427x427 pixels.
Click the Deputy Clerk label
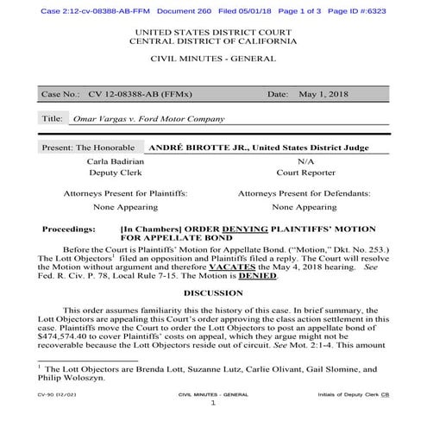tap(118, 173)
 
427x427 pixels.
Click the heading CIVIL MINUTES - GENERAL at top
tap(213, 59)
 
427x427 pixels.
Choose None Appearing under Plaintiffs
tap(125, 207)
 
